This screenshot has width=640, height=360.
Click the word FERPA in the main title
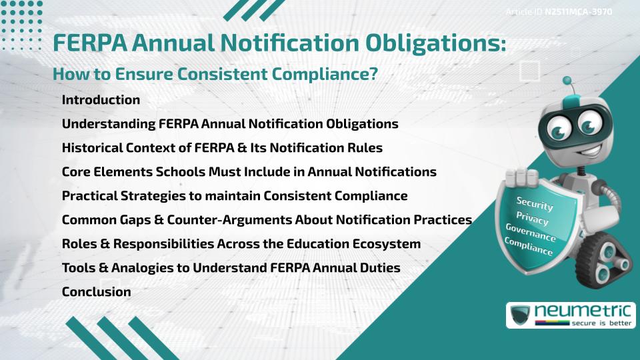(89, 43)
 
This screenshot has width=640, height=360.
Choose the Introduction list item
(101, 100)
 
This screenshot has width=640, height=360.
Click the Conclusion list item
(96, 292)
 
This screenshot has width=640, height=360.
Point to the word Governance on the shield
(531, 233)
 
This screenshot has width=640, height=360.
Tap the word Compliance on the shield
(529, 247)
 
